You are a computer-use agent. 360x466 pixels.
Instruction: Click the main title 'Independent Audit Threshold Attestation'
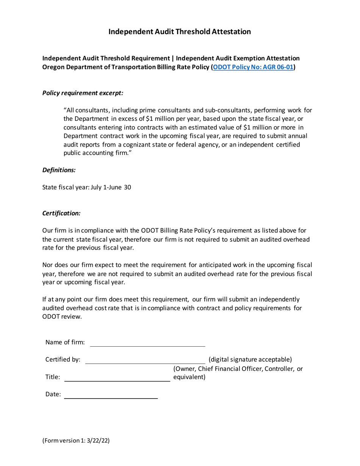pos(180,32)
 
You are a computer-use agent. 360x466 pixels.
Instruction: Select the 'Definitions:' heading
pos(59,170)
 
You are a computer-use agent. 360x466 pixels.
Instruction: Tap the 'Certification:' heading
pos(61,213)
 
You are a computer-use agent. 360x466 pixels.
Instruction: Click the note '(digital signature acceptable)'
pos(250,359)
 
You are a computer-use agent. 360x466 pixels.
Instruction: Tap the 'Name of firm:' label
pos(65,342)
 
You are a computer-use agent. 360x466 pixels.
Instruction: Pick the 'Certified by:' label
pos(63,359)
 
